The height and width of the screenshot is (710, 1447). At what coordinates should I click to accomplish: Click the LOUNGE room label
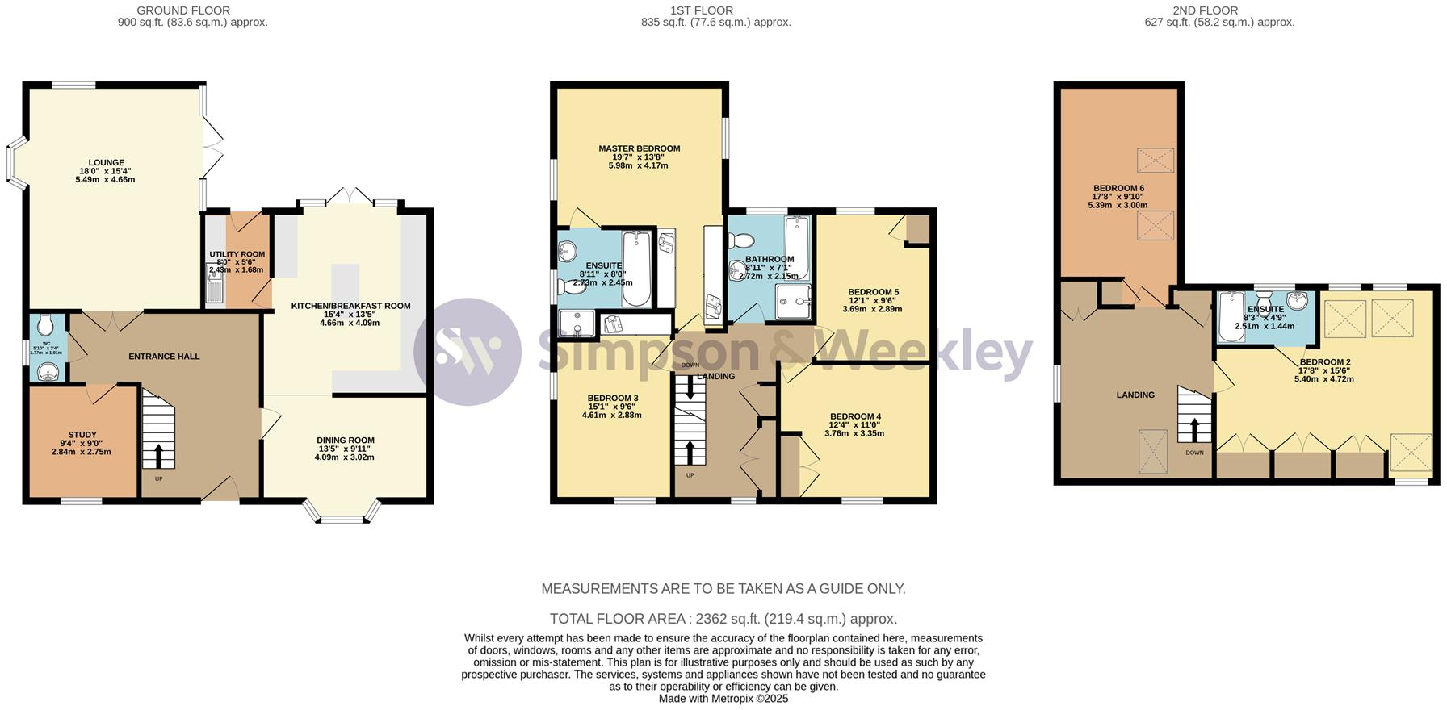pyautogui.click(x=107, y=162)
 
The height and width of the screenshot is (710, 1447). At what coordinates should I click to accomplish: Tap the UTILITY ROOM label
pyautogui.click(x=237, y=254)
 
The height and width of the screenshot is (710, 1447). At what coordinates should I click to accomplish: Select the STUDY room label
pyautogui.click(x=82, y=435)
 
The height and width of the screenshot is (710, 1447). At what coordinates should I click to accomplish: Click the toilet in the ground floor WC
pyautogui.click(x=46, y=325)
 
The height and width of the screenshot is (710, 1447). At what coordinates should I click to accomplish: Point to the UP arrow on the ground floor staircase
pyautogui.click(x=158, y=456)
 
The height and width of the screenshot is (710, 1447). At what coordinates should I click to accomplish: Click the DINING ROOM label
pyautogui.click(x=345, y=441)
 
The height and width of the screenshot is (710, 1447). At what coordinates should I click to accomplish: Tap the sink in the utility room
pyautogui.click(x=213, y=287)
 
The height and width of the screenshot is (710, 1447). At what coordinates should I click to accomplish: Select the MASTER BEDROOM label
pyautogui.click(x=639, y=148)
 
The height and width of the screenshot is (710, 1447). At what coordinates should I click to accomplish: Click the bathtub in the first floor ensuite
pyautogui.click(x=635, y=269)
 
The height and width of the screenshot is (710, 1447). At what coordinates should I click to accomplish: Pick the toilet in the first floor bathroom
pyautogui.click(x=741, y=240)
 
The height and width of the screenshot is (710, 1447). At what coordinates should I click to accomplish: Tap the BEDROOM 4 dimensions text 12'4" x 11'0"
pyautogui.click(x=854, y=425)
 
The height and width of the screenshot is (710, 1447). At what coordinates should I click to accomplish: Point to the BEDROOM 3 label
pyautogui.click(x=612, y=398)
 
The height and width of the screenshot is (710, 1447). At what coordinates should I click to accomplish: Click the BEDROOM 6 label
pyautogui.click(x=1118, y=188)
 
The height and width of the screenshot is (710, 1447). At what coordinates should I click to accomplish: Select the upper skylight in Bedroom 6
pyautogui.click(x=1155, y=161)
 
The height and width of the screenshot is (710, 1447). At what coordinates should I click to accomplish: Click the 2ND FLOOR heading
pyautogui.click(x=1219, y=10)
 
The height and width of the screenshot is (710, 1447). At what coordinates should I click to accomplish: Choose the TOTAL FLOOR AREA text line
pyautogui.click(x=723, y=619)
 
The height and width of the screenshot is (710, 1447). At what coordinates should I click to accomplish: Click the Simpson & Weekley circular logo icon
pyautogui.click(x=468, y=352)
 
